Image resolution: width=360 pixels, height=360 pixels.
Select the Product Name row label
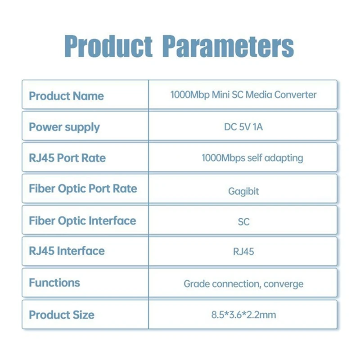(66, 96)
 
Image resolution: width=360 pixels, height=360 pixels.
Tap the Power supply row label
(64, 127)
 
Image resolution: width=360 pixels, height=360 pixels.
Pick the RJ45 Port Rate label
(67, 158)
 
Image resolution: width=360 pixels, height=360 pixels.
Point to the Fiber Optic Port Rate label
(83, 189)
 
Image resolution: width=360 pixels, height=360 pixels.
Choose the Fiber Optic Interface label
(82, 220)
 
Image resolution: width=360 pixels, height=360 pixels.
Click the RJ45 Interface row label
(67, 251)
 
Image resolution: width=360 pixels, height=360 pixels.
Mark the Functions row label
(54, 283)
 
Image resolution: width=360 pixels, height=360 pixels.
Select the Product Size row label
(62, 314)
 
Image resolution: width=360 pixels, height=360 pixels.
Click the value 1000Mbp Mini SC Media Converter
(243, 94)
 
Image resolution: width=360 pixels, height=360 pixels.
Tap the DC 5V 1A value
(243, 127)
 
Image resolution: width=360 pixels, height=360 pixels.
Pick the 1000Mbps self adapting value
(252, 158)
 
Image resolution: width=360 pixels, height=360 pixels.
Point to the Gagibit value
(243, 191)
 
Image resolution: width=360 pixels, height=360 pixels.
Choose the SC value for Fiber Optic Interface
(243, 221)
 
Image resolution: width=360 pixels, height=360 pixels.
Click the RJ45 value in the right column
(243, 251)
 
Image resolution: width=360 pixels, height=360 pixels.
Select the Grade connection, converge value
(243, 284)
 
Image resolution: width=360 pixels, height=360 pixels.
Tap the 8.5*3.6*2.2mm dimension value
(243, 315)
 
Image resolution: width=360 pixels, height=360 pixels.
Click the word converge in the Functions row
(283, 284)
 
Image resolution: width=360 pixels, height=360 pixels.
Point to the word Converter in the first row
(296, 94)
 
